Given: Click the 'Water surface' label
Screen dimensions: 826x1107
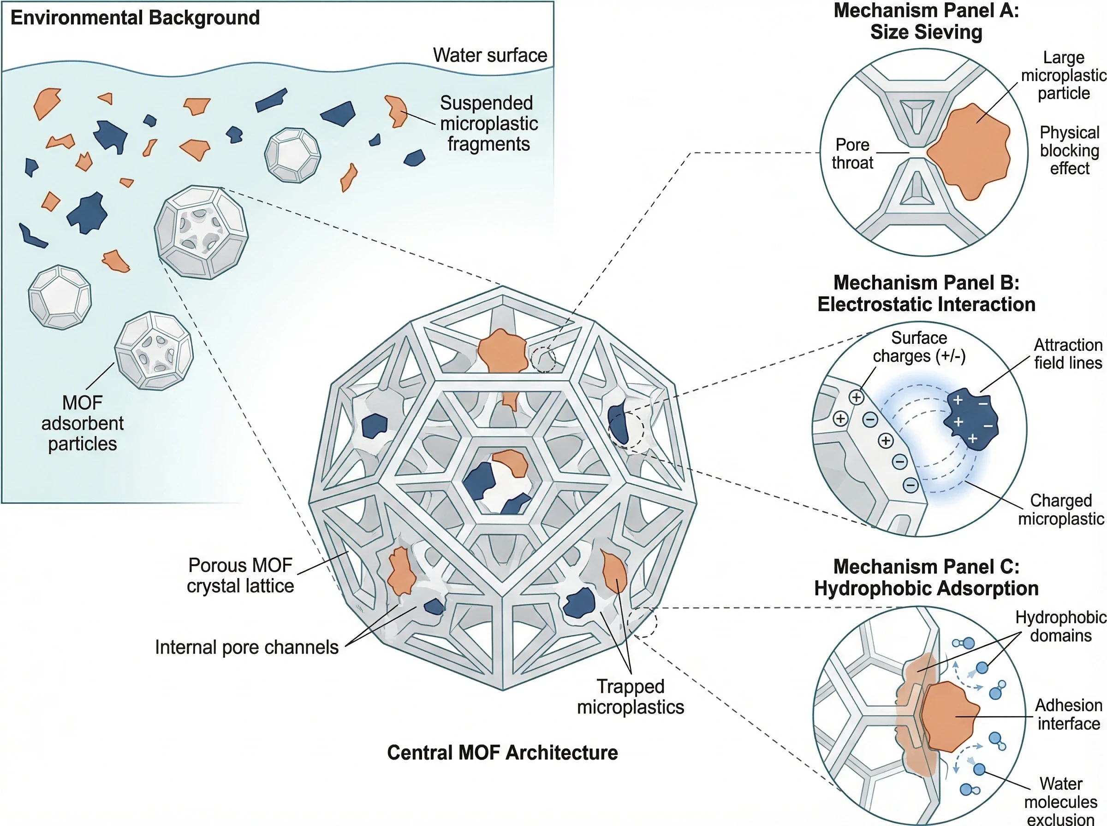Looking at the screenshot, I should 490,55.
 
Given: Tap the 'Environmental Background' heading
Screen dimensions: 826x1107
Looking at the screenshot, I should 135,18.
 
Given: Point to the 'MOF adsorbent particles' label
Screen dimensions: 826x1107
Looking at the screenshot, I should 83,424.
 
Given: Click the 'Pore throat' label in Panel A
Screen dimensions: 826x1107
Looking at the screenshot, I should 852,154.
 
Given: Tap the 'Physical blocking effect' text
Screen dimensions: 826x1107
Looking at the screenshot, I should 1070,151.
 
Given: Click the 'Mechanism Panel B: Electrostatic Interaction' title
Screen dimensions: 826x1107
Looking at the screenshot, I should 926,294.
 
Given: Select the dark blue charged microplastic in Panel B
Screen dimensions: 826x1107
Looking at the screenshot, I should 971,419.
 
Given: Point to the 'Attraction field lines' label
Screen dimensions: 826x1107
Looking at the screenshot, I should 1068,354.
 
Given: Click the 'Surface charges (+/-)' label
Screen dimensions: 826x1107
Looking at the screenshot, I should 919,347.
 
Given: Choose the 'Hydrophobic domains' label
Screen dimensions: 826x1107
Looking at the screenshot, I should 1060,626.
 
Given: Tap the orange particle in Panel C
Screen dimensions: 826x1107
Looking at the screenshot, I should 948,716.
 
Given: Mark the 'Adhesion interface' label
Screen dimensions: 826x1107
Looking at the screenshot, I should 1068,714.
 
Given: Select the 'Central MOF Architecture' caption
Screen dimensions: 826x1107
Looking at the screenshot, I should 502,753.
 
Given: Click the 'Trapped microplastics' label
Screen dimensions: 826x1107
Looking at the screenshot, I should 630,696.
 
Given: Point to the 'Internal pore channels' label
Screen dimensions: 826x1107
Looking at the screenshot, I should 247,647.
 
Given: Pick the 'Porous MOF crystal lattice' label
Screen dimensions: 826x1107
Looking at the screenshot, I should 240,576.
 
